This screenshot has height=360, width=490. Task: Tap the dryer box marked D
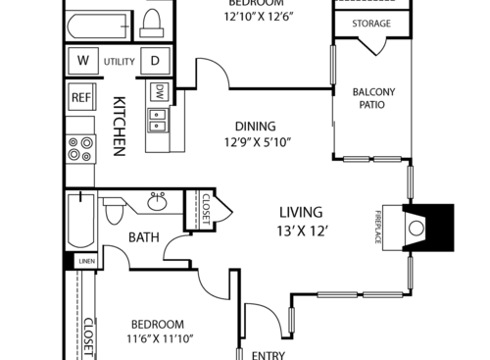point(155,61)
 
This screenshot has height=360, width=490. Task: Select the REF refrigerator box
point(80,98)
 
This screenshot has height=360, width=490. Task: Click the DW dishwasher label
point(158,92)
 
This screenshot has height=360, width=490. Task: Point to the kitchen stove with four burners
point(80,149)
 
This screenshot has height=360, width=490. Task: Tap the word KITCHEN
point(119,126)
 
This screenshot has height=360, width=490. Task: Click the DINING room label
point(255,126)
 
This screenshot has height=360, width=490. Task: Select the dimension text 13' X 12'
point(301,231)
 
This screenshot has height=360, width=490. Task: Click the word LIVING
point(301,212)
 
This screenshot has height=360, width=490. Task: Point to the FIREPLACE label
point(378,229)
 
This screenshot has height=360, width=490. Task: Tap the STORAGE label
point(371,24)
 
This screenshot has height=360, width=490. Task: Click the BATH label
point(144,236)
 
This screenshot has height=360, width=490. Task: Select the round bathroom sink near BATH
point(158,203)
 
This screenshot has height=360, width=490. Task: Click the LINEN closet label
point(87,262)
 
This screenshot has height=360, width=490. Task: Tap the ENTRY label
point(269,355)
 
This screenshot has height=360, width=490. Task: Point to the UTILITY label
point(119,61)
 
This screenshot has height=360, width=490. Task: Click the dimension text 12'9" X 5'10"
point(255,142)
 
